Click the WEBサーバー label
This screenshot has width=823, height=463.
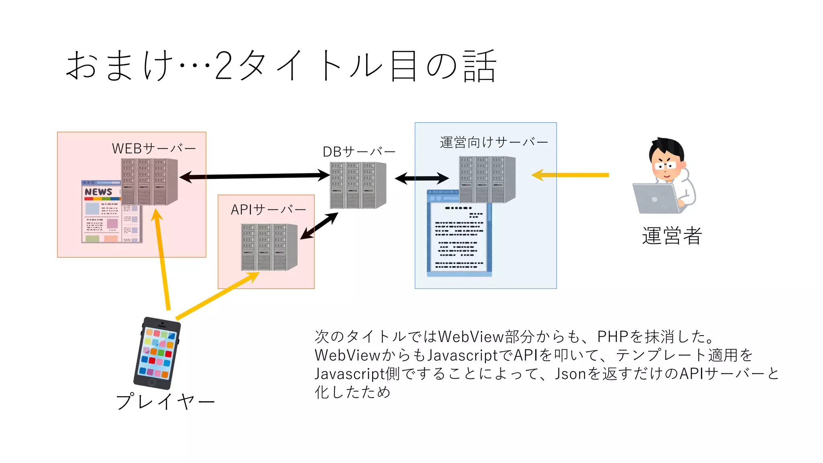154,149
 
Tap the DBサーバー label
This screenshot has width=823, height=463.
359,152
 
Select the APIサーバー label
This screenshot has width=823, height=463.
268,210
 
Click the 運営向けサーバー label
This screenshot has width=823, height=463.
494,142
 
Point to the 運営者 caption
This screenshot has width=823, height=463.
672,236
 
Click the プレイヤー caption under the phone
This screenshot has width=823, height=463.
165,402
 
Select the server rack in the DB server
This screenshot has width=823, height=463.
358,185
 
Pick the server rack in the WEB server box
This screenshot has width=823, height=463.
149,182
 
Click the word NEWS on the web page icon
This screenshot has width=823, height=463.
98,192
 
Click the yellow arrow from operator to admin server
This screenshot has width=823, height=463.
571,175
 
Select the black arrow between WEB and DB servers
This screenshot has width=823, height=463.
255,176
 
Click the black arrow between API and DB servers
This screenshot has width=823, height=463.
319,226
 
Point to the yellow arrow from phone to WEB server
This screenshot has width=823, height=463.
162,261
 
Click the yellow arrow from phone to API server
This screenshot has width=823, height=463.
217,295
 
